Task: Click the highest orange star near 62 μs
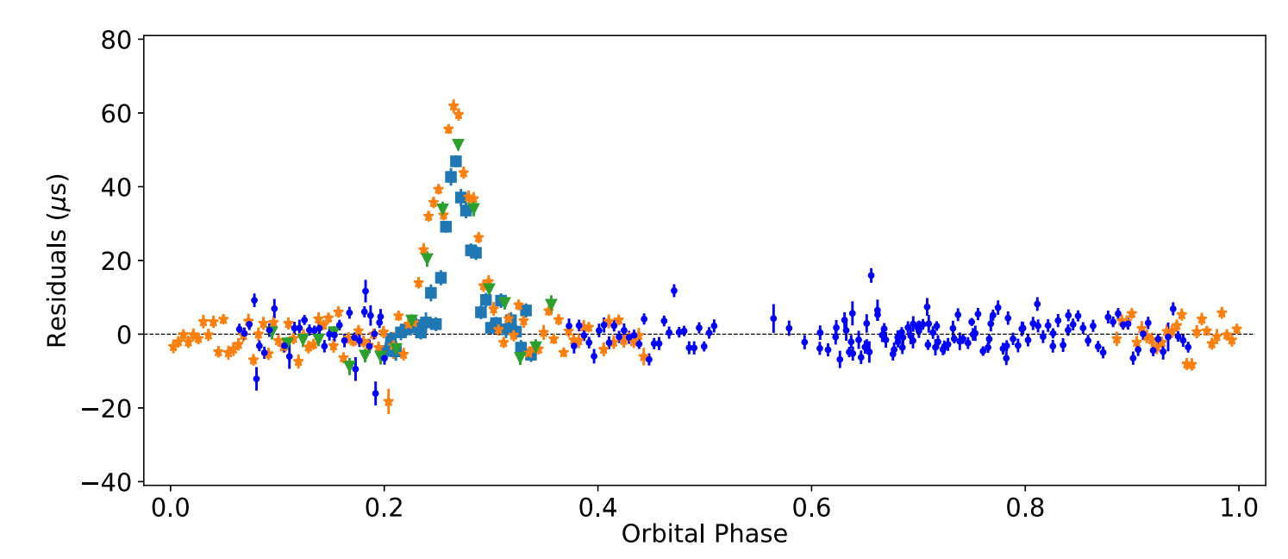coord(453,105)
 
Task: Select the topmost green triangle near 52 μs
coord(458,145)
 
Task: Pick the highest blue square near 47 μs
coord(456,161)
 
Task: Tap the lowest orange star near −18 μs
coord(388,401)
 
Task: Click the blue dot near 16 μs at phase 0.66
coord(871,275)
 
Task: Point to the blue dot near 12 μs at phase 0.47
coord(674,291)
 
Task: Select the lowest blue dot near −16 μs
coord(375,393)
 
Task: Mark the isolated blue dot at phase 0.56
coord(773,318)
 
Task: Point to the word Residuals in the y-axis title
coord(57,297)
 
